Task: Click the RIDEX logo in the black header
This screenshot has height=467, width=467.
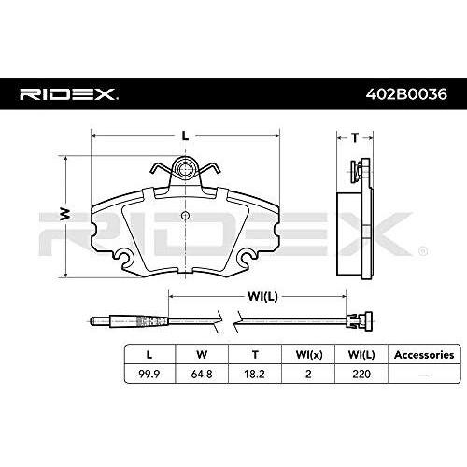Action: click(x=69, y=94)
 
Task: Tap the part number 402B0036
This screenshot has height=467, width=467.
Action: click(x=406, y=94)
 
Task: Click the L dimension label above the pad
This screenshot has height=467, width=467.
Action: click(x=185, y=135)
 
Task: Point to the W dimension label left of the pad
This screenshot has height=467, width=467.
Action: click(x=65, y=214)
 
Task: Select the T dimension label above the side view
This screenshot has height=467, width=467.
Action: click(x=355, y=137)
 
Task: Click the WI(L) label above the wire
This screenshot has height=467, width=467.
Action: click(x=262, y=296)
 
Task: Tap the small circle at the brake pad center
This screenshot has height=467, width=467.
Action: click(x=185, y=216)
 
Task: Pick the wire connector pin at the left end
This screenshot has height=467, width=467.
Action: click(x=100, y=320)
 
